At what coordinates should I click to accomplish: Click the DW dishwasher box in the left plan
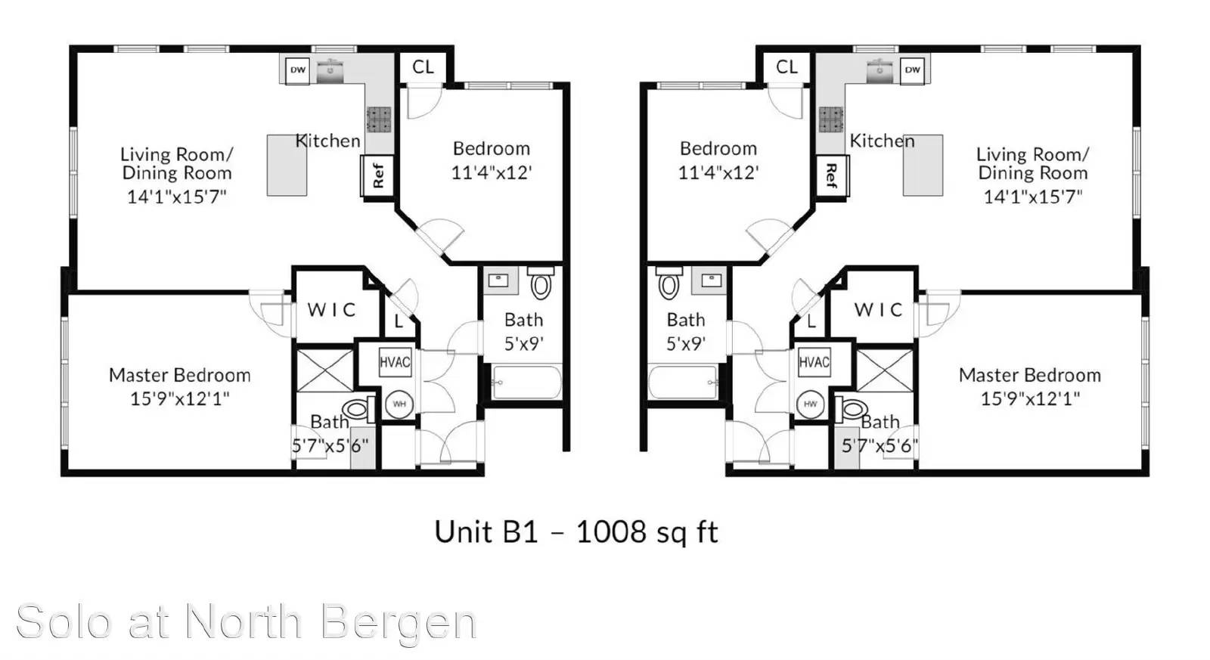coord(297,70)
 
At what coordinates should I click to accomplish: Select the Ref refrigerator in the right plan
coord(832,175)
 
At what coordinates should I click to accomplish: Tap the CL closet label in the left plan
coord(423,67)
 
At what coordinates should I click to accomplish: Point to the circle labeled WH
coord(399,404)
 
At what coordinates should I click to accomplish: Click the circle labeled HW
coord(810,404)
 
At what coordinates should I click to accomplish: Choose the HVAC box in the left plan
coord(395,362)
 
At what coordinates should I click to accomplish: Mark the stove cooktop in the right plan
coord(831,119)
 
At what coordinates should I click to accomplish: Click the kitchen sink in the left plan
coord(330,72)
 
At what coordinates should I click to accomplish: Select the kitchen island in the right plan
coord(923,166)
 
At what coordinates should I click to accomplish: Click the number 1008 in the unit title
coord(611,532)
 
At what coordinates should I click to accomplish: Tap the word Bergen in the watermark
coord(399,622)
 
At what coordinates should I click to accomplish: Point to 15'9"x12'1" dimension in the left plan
coord(180,398)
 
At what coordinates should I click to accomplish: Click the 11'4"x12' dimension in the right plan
coord(718,173)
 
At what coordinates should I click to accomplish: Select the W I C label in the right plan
coord(878,310)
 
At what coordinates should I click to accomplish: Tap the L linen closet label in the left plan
coord(399,322)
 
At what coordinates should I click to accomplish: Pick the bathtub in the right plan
coord(684,383)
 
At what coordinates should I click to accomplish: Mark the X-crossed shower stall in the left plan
coord(325,370)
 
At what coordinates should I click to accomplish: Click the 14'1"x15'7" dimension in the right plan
coord(1033,197)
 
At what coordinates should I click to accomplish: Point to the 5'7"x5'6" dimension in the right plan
coord(880,445)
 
